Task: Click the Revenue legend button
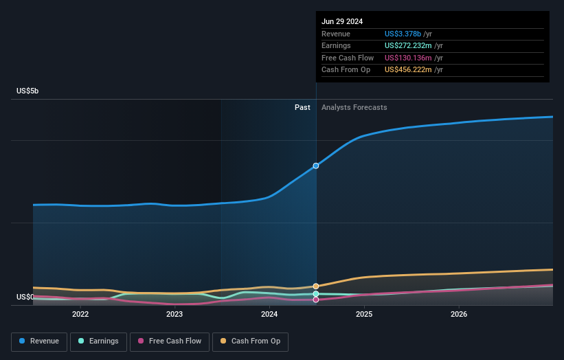40,341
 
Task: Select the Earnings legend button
98,341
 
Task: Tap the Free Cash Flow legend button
169,341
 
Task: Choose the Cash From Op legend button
251,341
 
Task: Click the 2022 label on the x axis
80,315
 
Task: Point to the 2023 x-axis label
174,315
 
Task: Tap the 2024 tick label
269,315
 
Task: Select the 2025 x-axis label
364,315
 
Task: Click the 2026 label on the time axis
459,315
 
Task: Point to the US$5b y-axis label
28,91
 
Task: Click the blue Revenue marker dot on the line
316,166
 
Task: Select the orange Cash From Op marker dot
316,286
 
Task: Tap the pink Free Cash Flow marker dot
316,300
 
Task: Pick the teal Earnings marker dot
316,294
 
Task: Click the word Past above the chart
302,108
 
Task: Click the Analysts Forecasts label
354,108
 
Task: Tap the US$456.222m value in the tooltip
409,70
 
